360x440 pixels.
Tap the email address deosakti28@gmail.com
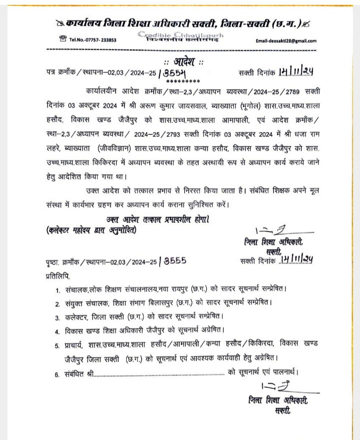[x=286, y=41]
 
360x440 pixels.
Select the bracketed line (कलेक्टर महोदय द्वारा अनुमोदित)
[x=90, y=230]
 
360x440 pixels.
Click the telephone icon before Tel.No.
[x=63, y=39]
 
